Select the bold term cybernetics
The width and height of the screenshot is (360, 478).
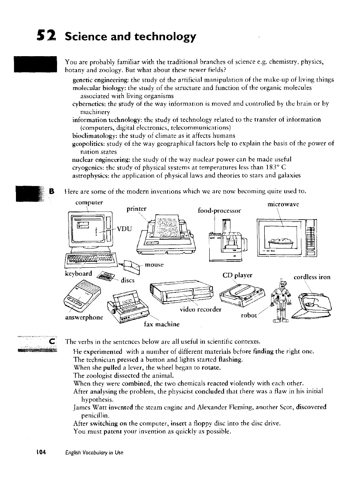coord(89,104)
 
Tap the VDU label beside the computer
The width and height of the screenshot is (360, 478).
coord(123,229)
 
